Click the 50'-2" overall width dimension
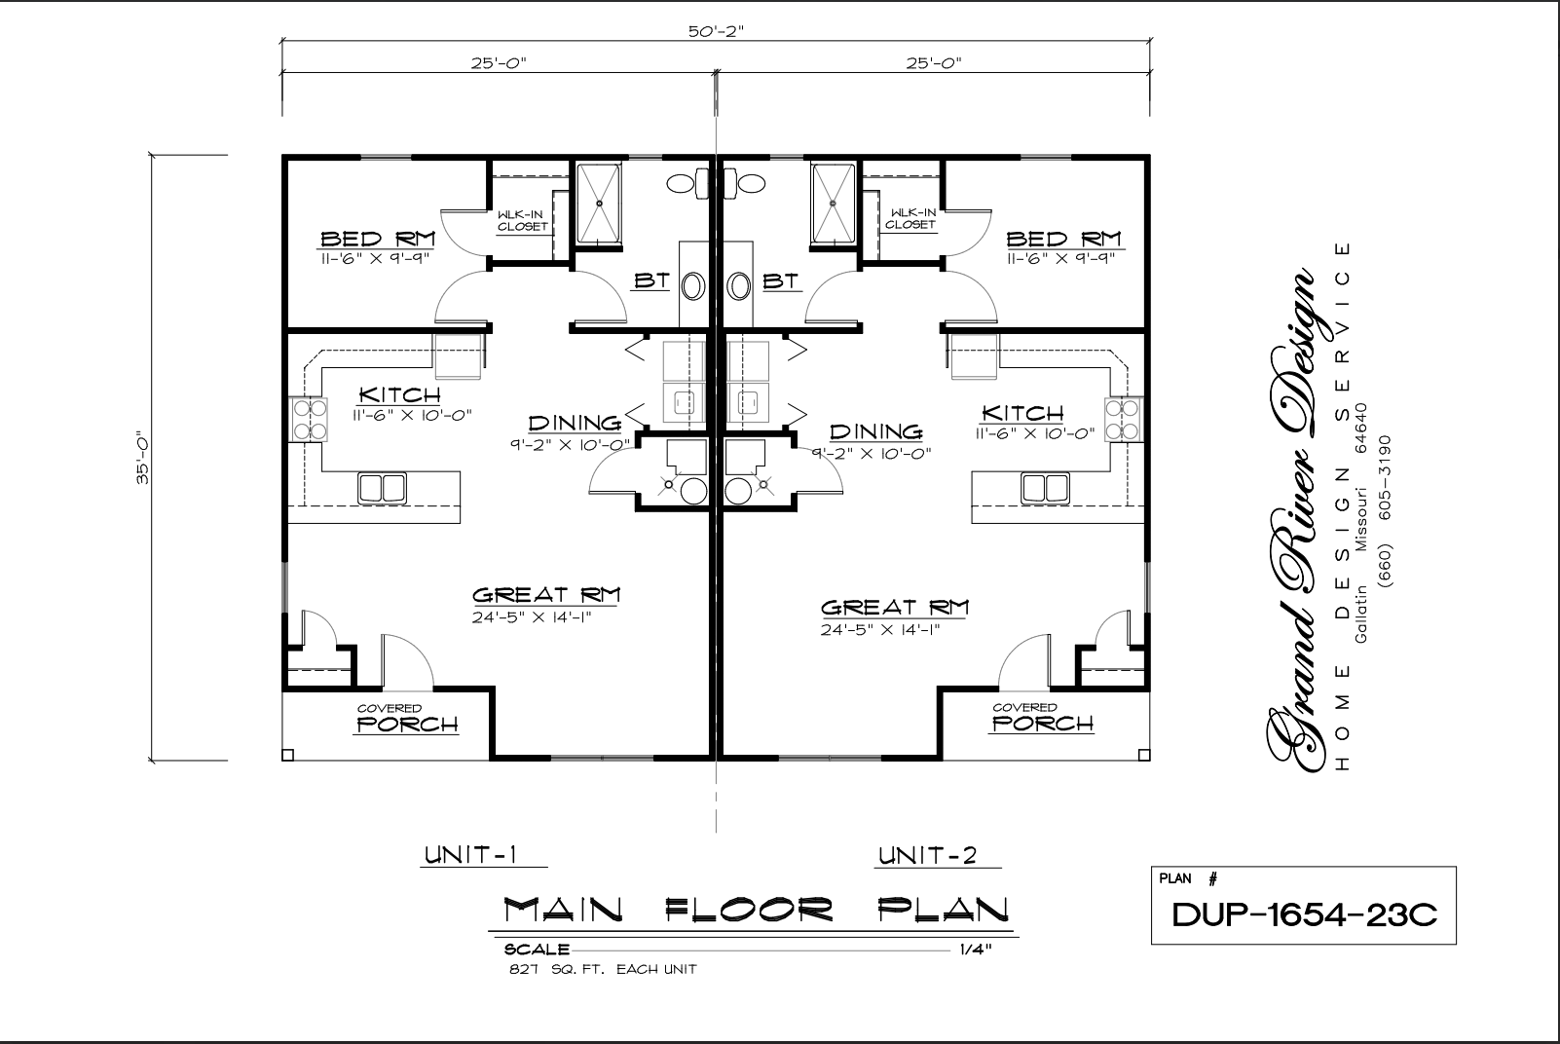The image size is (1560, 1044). pos(716,30)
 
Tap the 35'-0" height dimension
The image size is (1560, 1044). pos(143,457)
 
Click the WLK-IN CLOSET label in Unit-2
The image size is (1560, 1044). pos(910,219)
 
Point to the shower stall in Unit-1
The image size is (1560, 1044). pos(599,204)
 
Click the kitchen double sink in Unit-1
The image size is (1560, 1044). pos(382,487)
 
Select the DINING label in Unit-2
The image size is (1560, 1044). pos(875,431)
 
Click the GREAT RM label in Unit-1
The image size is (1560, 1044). pos(546,594)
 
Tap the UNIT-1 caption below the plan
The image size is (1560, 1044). pos(469,856)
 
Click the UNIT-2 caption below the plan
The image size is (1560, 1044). pos(926,856)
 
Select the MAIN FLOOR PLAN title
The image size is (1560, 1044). pos(756,911)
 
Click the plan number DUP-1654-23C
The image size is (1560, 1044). pos(1303,914)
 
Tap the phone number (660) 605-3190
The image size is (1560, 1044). pos(1386,510)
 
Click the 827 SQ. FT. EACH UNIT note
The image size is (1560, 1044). pos(602,969)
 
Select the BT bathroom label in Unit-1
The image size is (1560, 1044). pos(651,281)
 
